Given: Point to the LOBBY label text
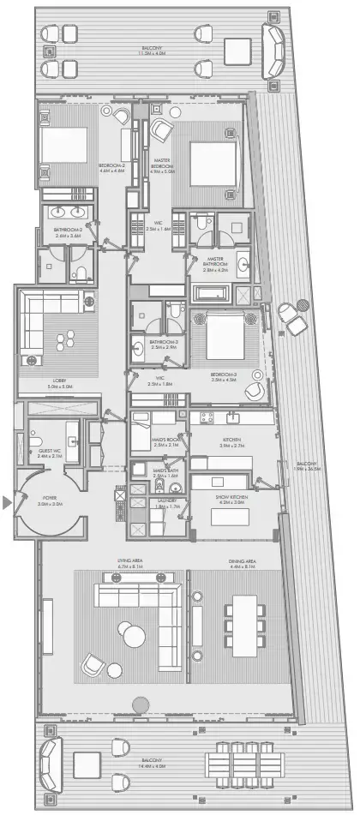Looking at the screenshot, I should [60, 381].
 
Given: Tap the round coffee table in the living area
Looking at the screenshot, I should [135, 637].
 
